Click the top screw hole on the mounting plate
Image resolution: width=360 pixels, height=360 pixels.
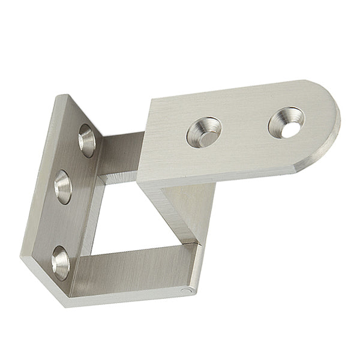[x=86, y=140]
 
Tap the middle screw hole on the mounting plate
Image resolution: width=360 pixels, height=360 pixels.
[x=63, y=187]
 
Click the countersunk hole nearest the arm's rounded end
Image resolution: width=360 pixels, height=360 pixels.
[x=286, y=122]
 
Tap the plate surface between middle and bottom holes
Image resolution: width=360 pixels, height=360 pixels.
[x=60, y=225]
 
